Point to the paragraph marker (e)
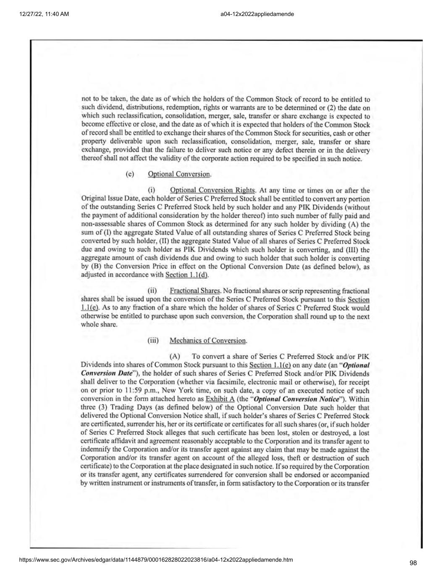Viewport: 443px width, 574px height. (x=130, y=174)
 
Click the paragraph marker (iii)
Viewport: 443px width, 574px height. (x=153, y=340)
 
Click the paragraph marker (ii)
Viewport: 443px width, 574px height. (x=152, y=291)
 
